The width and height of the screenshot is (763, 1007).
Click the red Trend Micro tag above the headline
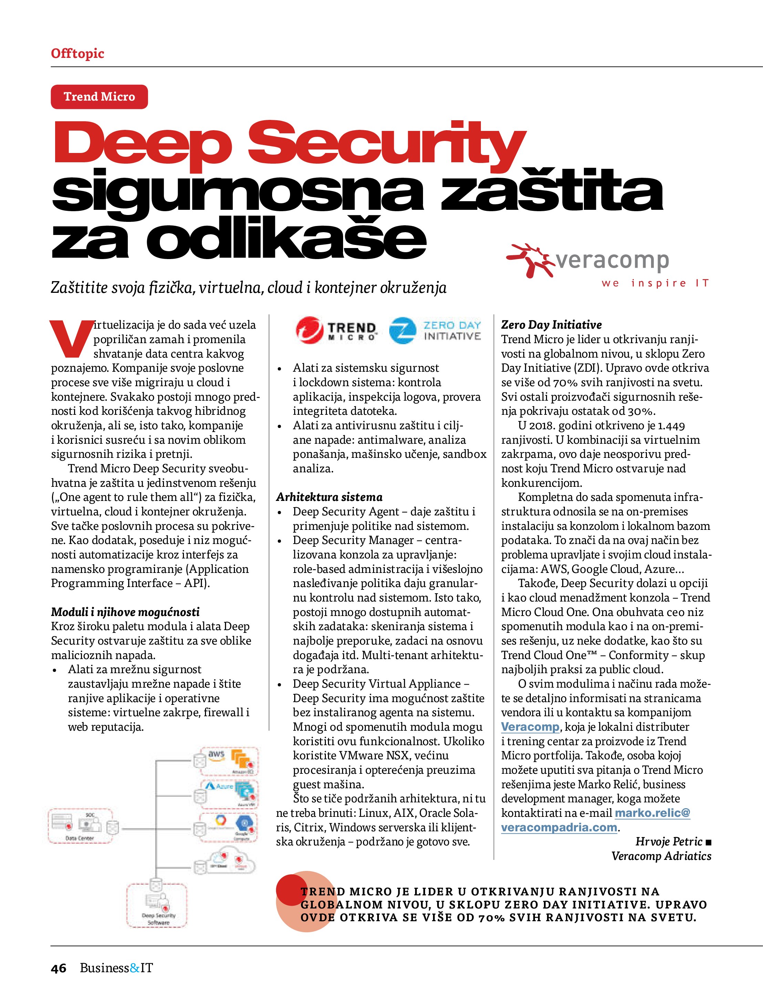point(99,96)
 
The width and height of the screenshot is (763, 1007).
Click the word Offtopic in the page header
point(78,54)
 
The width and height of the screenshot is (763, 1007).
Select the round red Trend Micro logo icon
point(309,330)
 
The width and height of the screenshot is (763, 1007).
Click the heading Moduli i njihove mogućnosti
point(125,612)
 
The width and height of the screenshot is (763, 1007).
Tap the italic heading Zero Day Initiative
point(551,325)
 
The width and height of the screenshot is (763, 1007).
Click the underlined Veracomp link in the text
point(530,727)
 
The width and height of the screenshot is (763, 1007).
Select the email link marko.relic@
point(652,813)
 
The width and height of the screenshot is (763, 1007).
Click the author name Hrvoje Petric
point(669,841)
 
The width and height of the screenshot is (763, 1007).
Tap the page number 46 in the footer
point(59,968)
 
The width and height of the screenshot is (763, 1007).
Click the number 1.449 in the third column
point(671,426)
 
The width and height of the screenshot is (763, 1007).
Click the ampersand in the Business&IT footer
point(135,968)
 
